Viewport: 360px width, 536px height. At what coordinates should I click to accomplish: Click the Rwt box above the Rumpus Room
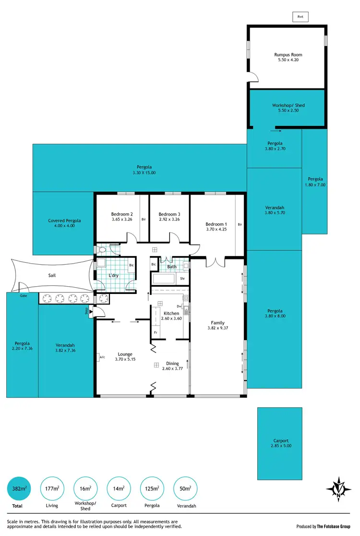tap(300, 16)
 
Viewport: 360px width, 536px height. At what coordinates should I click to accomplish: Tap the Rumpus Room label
tap(288, 55)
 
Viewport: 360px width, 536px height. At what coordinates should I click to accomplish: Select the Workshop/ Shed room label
tap(288, 105)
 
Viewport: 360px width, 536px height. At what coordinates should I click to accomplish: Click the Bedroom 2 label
tap(122, 214)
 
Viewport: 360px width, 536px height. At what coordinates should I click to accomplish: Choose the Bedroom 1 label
tap(216, 224)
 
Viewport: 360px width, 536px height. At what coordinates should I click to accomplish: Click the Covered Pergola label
tap(64, 221)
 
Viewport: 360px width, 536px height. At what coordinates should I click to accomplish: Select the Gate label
tap(24, 296)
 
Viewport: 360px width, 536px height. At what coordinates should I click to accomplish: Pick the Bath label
tap(172, 267)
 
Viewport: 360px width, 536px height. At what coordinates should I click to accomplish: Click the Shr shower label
tap(182, 278)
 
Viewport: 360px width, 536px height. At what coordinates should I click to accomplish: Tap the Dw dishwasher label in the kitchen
tap(179, 306)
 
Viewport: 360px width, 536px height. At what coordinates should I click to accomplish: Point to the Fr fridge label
tap(156, 332)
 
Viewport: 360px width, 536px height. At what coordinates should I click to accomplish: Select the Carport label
tap(279, 440)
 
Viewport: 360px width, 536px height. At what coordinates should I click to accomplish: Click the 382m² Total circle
tap(19, 489)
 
